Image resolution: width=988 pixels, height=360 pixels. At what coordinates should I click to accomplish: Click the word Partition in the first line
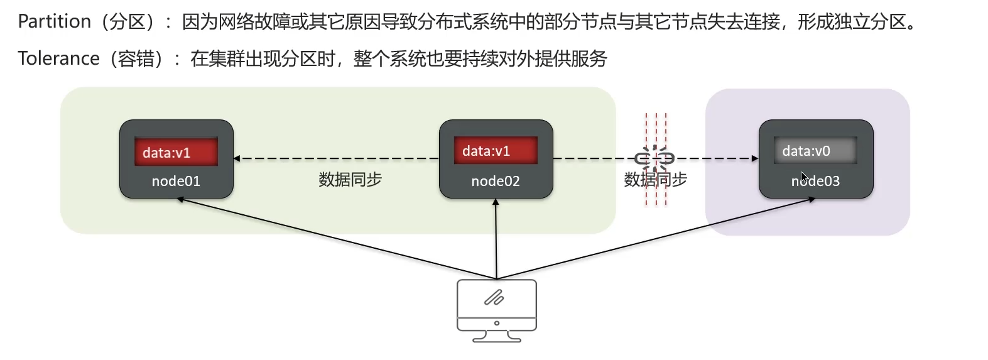55,22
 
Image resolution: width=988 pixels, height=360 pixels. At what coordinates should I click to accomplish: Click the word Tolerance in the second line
58,58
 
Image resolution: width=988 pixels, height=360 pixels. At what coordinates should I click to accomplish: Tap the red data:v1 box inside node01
176,152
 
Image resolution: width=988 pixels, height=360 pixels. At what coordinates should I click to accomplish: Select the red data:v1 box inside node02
496,151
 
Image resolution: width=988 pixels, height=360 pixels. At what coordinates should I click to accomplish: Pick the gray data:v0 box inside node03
815,151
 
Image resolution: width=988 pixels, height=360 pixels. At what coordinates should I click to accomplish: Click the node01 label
176,182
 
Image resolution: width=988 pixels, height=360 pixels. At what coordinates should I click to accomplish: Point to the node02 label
496,182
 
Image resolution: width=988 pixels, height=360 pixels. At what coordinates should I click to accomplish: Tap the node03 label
815,182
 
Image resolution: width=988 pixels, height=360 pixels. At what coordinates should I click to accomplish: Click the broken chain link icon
654,158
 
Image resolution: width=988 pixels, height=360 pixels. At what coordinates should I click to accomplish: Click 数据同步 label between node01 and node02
350,180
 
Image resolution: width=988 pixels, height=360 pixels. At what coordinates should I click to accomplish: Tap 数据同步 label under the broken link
655,180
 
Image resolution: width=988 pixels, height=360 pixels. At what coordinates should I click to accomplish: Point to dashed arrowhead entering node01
237,158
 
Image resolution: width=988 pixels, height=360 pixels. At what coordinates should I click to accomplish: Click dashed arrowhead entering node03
755,158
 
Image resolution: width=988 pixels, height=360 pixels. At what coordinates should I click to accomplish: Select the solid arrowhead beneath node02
496,202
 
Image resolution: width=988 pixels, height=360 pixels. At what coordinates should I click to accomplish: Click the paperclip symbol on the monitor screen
494,297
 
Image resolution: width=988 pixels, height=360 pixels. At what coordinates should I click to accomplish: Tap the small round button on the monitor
496,323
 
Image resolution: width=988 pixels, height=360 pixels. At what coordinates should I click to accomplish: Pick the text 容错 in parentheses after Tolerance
136,58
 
